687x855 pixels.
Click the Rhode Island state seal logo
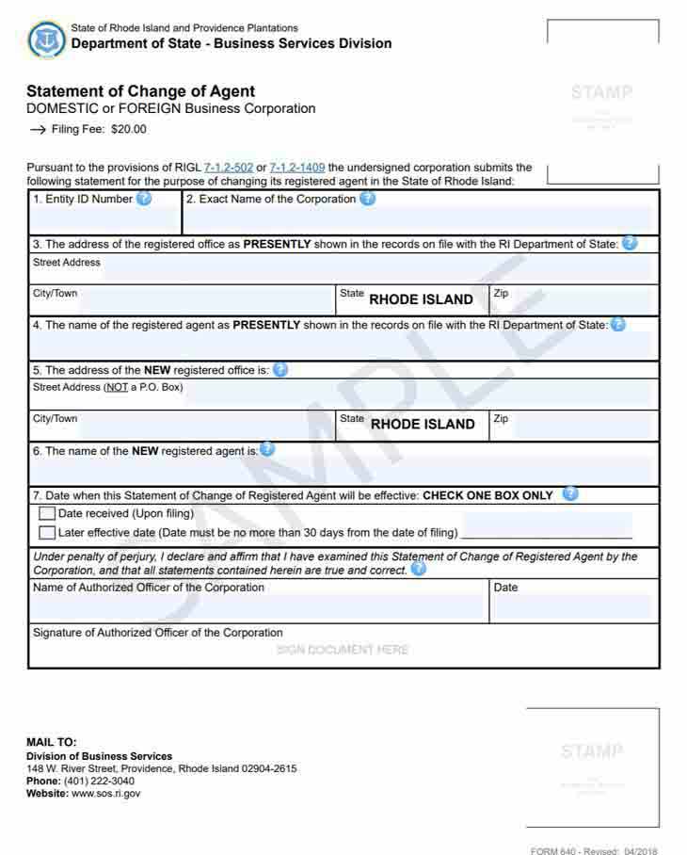46,39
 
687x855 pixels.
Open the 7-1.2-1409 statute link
297,168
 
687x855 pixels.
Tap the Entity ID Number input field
104,220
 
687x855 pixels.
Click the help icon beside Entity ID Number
144,199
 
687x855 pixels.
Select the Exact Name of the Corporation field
419,220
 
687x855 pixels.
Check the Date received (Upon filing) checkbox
47,514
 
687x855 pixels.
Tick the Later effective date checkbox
47,533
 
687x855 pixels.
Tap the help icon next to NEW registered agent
267,449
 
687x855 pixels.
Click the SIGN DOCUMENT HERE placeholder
343,650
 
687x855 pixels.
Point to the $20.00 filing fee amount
129,130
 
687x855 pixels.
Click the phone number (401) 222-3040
99,782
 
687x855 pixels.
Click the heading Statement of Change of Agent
140,91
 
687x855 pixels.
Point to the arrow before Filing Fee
38,130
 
